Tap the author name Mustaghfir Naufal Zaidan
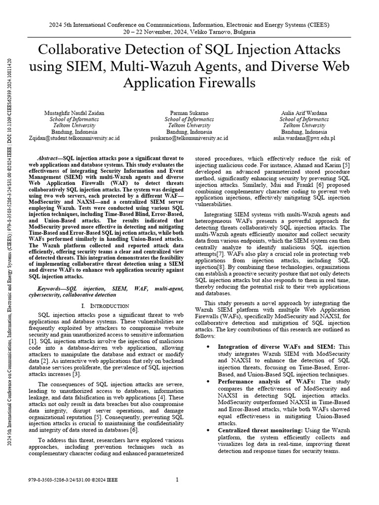point(74,113)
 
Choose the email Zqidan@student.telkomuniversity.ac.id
point(74,139)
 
